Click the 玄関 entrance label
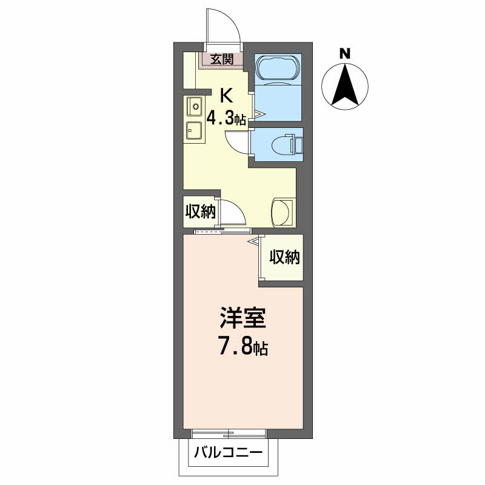[x=222, y=59]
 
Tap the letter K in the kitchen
[x=226, y=95]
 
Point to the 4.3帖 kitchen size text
[x=226, y=118]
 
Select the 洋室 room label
[x=243, y=317]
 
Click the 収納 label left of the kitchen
[x=201, y=212]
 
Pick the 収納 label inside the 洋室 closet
[x=284, y=256]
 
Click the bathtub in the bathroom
[x=278, y=69]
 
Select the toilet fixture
[x=287, y=144]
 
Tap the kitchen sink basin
[x=195, y=106]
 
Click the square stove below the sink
[x=194, y=130]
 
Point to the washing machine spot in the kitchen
[x=282, y=213]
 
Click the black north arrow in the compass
[x=345, y=85]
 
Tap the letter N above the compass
[x=345, y=54]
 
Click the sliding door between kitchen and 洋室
[x=222, y=231]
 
